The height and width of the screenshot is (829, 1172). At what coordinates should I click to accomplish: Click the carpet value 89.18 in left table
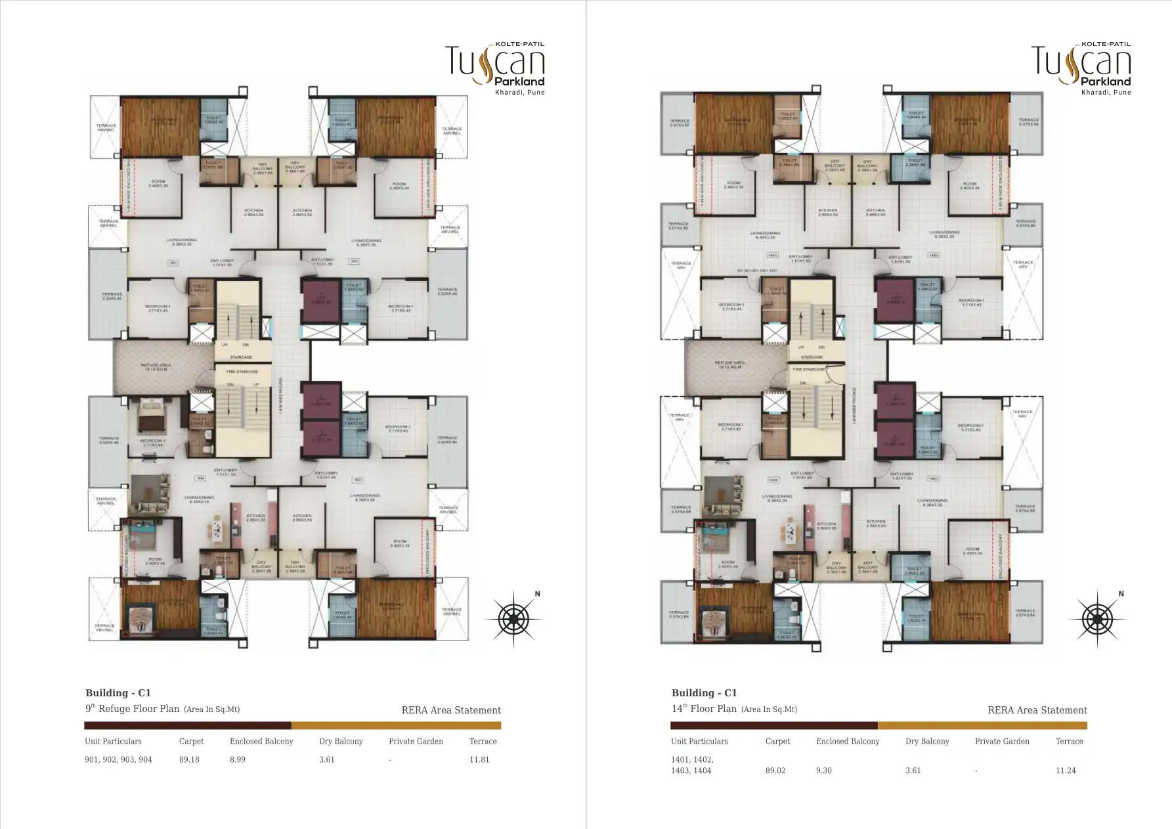click(x=189, y=759)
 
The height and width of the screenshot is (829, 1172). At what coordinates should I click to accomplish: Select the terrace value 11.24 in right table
click(x=1066, y=771)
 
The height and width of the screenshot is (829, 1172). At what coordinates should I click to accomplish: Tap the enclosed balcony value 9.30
click(x=823, y=771)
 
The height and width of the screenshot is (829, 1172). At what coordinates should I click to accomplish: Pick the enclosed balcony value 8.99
click(x=237, y=759)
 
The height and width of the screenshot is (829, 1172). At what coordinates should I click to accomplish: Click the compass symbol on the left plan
click(x=513, y=618)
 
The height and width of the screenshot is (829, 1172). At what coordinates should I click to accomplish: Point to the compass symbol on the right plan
click(x=1096, y=618)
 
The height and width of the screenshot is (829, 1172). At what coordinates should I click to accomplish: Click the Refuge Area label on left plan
click(x=156, y=367)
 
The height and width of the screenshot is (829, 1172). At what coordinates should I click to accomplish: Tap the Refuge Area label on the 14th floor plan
click(x=729, y=365)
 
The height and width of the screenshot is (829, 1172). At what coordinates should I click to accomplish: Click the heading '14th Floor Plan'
click(x=704, y=709)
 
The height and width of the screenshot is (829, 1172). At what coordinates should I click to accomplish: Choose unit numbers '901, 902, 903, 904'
click(x=118, y=759)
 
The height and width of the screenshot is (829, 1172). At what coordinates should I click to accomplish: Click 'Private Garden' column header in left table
click(x=416, y=741)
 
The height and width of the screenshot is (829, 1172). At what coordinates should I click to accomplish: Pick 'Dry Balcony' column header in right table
click(x=927, y=741)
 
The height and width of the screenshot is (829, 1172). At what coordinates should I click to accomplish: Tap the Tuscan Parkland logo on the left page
click(x=495, y=67)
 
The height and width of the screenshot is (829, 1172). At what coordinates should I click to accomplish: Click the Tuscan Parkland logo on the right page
click(x=1081, y=67)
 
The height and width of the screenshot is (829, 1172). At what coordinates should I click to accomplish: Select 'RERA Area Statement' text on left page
click(x=450, y=710)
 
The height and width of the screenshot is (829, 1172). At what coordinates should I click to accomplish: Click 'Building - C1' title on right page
click(x=704, y=692)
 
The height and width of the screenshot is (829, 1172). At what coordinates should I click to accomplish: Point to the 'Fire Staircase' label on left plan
click(x=241, y=370)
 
